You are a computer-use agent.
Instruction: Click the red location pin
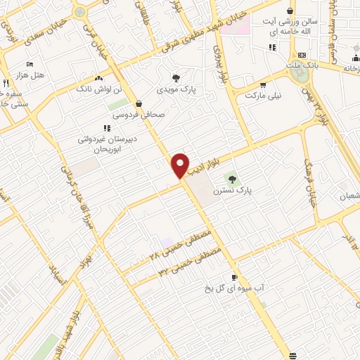coord(181,165)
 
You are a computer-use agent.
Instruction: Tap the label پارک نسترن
coord(254,189)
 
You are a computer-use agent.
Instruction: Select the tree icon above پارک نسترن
coord(232,179)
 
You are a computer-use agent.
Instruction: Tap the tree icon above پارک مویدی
coord(175,78)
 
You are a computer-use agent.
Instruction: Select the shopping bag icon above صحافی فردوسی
coord(139,103)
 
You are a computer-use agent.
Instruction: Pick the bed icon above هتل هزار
coord(30,64)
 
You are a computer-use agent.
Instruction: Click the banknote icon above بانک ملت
coord(302,55)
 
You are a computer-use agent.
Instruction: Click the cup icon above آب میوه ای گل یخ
coord(235,277)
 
